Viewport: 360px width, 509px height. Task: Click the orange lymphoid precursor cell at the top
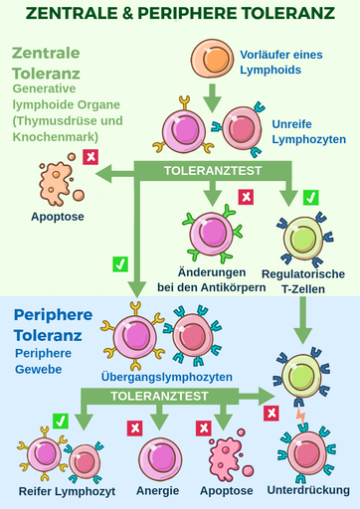211,60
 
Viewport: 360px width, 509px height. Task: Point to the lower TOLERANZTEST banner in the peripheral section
159,395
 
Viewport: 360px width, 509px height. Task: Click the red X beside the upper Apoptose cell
90,156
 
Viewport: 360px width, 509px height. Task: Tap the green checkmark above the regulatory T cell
310,197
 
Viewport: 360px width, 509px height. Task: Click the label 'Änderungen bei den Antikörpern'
211,280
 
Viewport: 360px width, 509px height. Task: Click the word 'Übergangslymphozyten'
167,377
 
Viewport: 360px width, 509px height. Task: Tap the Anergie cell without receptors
159,457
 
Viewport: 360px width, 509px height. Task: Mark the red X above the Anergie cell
132,427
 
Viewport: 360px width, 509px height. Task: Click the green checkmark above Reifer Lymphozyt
61,422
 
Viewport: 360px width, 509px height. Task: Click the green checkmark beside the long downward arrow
120,263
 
